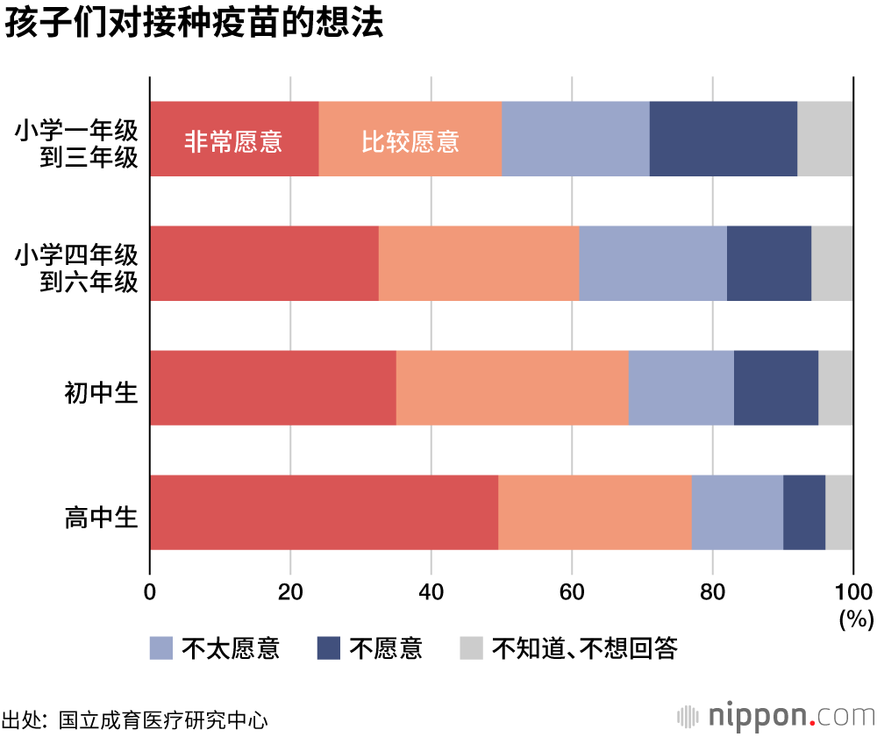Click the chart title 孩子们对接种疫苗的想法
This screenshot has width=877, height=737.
click(x=194, y=24)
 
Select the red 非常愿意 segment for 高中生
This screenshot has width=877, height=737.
click(x=324, y=512)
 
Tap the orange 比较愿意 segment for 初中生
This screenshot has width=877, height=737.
click(x=512, y=388)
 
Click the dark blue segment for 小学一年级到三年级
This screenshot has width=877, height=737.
click(x=723, y=139)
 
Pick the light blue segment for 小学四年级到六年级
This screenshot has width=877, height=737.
click(x=652, y=263)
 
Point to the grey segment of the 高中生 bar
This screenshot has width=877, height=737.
click(x=838, y=512)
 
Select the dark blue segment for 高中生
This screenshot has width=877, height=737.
click(x=803, y=512)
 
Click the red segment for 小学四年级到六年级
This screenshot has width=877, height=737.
click(x=264, y=263)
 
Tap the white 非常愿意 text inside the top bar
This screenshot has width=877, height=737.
click(x=233, y=141)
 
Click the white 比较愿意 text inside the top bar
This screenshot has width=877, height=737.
click(x=410, y=141)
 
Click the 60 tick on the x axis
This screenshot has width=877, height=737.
click(x=572, y=590)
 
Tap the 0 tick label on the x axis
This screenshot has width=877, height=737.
click(x=150, y=590)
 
